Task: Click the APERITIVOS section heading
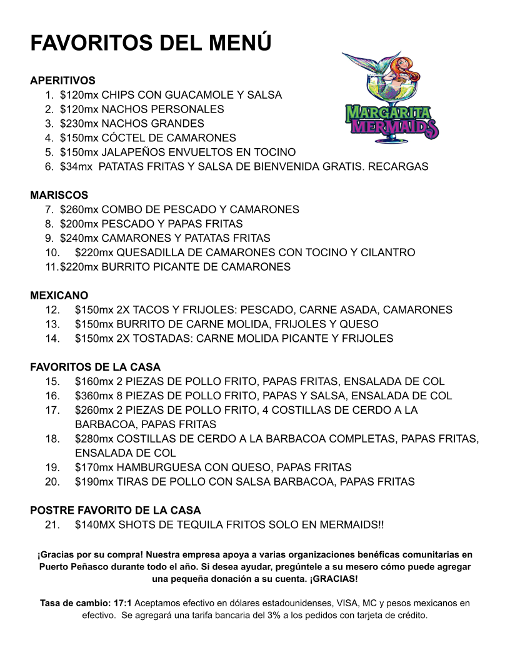tap(62, 81)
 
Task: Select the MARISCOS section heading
tap(59, 196)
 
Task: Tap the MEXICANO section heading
tap(59, 295)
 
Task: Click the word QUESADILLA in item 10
tap(154, 252)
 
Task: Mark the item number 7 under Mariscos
tap(48, 209)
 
